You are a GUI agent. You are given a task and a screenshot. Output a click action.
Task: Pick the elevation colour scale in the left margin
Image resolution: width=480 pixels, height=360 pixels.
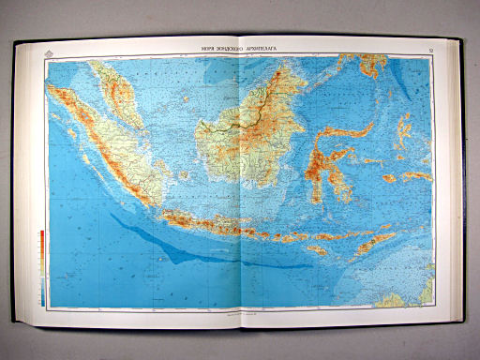pos(42,262)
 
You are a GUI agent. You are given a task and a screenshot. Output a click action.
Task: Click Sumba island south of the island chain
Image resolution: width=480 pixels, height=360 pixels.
pos(315,250)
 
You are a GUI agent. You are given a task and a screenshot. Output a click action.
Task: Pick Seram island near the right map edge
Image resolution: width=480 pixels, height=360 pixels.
pos(418,176)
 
